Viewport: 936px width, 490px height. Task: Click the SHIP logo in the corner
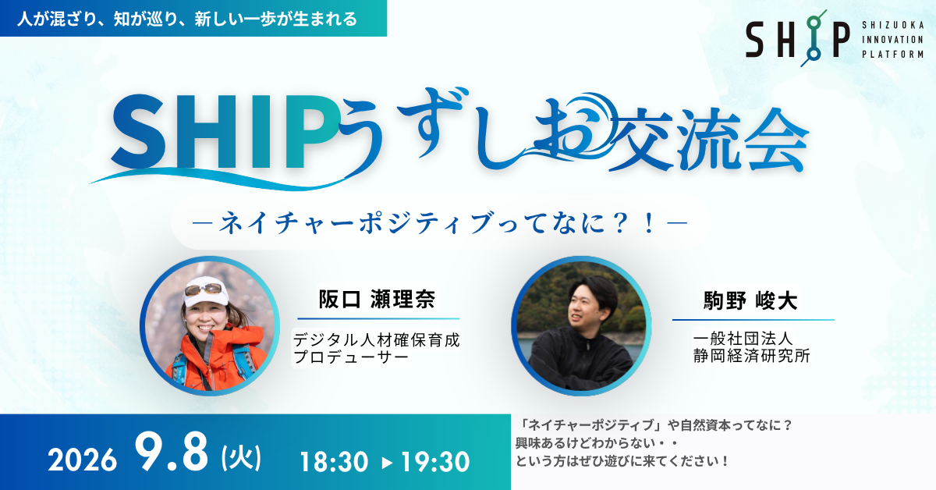798,38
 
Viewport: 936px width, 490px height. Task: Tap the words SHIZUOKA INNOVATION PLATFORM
893,40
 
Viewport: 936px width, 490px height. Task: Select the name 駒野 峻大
750,300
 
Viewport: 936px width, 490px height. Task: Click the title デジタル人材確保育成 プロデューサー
377,348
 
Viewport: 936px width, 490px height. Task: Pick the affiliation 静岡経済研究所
752,356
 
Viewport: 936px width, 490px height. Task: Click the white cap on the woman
206,293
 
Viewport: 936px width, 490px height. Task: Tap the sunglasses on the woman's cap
204,289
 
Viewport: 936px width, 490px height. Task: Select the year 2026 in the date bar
83,460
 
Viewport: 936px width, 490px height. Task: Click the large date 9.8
172,453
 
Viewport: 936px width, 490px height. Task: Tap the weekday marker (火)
242,458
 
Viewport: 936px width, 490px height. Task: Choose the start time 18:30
334,462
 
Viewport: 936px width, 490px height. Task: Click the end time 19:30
435,462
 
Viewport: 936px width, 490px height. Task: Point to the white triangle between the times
388,463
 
